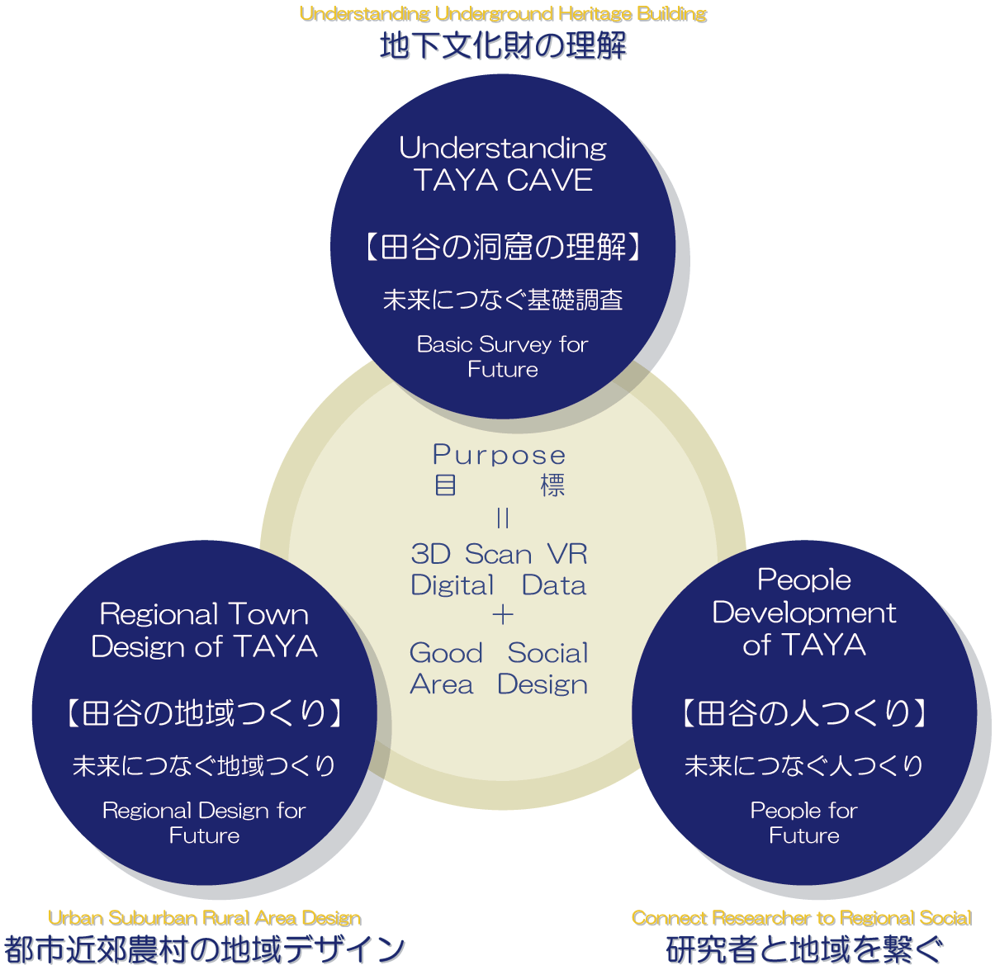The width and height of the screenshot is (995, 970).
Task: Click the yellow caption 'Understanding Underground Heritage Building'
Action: coord(503,14)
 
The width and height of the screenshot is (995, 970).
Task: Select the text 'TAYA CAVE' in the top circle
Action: coord(503,180)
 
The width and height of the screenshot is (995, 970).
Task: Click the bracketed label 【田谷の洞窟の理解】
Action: coord(503,247)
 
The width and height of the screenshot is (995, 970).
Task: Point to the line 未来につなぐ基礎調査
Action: coord(503,300)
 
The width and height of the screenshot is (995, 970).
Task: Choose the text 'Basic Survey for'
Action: coord(503,344)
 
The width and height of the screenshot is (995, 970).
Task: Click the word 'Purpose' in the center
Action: coord(499,455)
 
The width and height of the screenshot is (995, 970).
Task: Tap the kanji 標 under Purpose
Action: coord(552,485)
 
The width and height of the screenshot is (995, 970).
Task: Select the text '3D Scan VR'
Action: coord(499,554)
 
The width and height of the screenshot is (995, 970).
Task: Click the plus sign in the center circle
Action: coord(502,615)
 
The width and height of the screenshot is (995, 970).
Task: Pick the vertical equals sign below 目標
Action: coord(503,518)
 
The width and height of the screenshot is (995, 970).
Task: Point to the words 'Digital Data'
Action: coord(499,585)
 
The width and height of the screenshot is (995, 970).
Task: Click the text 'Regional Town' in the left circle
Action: coord(204,614)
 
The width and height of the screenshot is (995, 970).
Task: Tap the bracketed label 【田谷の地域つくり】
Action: coord(204,712)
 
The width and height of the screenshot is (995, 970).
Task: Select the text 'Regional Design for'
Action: coord(204,811)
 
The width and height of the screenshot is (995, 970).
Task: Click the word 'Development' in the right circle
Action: coord(803,613)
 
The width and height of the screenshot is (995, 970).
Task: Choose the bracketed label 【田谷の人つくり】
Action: coord(803,712)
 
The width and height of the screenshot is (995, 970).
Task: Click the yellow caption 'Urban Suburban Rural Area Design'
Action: coord(205,918)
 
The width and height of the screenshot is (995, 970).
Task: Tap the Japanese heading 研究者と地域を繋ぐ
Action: coord(803,949)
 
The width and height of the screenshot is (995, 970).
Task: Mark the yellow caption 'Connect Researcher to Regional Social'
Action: coord(802,918)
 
